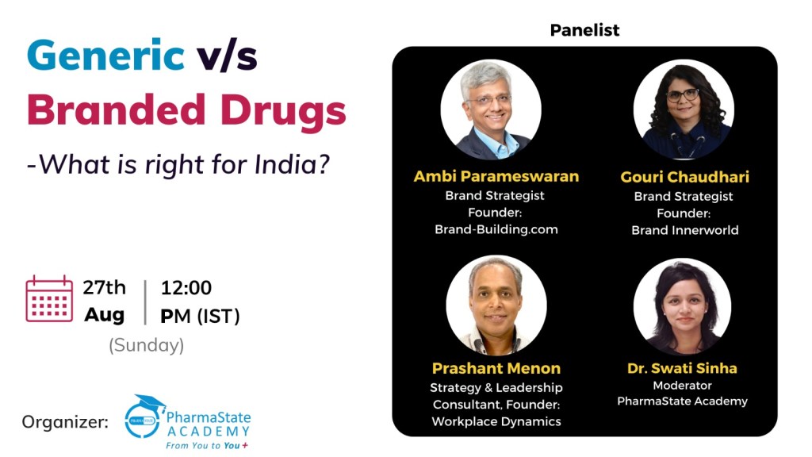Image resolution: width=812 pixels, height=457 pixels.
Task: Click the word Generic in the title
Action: click(105, 56)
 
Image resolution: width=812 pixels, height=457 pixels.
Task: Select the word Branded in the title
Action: click(117, 109)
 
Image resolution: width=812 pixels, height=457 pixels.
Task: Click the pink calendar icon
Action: click(49, 298)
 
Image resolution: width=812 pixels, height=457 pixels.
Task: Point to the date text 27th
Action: click(104, 287)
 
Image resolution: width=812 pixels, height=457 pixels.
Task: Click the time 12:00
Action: click(186, 287)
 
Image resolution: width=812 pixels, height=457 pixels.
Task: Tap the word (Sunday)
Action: click(146, 345)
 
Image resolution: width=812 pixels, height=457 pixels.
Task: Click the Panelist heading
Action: click(584, 30)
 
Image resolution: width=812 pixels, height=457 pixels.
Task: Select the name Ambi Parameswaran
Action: click(496, 176)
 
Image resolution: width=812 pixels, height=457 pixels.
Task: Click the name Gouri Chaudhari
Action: click(684, 177)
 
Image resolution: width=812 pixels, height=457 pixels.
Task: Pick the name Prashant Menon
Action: click(496, 368)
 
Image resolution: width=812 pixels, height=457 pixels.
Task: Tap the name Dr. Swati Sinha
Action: click(682, 368)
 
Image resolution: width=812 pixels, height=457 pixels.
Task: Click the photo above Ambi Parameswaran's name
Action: click(491, 109)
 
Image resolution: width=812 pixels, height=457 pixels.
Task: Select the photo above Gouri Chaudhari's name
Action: click(684, 109)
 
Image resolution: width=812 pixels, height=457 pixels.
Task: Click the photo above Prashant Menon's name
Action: click(496, 305)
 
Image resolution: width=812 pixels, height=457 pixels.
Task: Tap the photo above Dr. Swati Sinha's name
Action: click(683, 306)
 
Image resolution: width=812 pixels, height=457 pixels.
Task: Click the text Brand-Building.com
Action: click(496, 229)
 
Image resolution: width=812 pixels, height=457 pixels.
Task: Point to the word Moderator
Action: click(682, 385)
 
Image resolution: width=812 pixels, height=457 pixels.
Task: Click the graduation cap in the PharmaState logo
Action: click(149, 403)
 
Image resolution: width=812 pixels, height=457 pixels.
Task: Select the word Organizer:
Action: click(65, 422)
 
